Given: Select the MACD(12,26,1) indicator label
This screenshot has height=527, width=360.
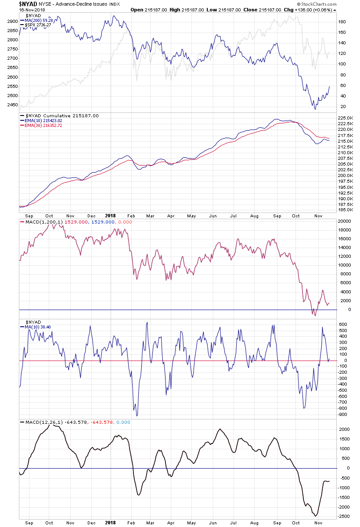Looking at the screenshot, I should pos(42,422).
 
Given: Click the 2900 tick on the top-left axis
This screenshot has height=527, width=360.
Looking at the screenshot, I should pos(13,21).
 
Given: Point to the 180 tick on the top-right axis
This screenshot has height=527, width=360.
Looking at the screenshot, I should pos(342,22).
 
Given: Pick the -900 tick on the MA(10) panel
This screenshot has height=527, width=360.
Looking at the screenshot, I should pos(342,414).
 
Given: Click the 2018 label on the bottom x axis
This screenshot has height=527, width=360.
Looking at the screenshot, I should pos(110,523).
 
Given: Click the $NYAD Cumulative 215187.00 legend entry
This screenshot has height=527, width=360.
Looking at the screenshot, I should pos(60,116).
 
